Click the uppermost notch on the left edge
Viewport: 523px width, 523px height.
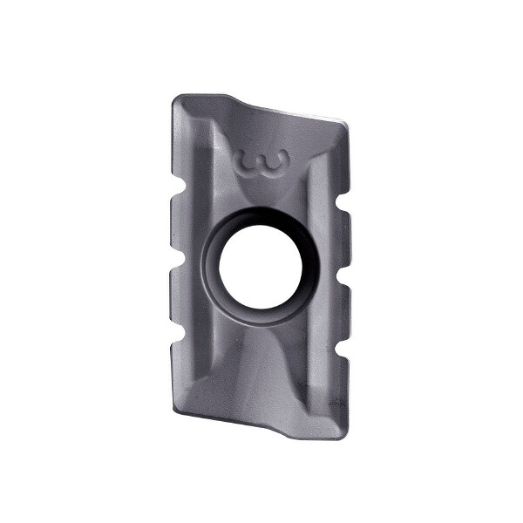[x=177, y=190]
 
